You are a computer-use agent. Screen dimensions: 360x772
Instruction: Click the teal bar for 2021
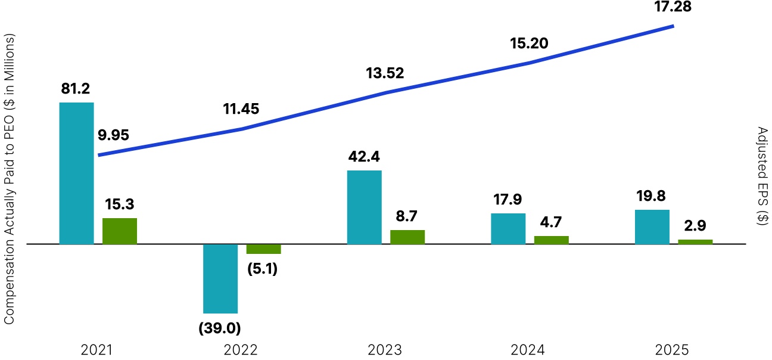point(77,173)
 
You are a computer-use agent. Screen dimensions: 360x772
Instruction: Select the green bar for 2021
point(120,231)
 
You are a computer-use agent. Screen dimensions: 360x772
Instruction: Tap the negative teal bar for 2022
point(220,278)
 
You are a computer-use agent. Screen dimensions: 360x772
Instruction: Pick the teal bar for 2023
point(364,207)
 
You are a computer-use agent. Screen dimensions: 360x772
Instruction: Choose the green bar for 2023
point(407,237)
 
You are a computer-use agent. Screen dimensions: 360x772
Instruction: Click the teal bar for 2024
point(508,228)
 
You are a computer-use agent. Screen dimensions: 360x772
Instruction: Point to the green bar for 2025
point(695,241)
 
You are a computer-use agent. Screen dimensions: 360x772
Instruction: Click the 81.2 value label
point(76,89)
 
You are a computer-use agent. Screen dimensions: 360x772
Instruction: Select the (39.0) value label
point(220,327)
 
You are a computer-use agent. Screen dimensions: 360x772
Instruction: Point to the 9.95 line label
point(113,135)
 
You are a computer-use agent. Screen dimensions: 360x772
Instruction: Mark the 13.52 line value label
point(385,73)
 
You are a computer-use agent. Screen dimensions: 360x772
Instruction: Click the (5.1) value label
point(263,269)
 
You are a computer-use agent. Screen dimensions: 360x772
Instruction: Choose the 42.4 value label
point(364,157)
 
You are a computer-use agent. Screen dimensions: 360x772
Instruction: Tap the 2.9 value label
point(695,226)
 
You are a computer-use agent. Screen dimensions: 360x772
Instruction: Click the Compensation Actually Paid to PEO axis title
point(9,179)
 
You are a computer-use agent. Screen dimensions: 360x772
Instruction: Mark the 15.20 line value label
point(529,44)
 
